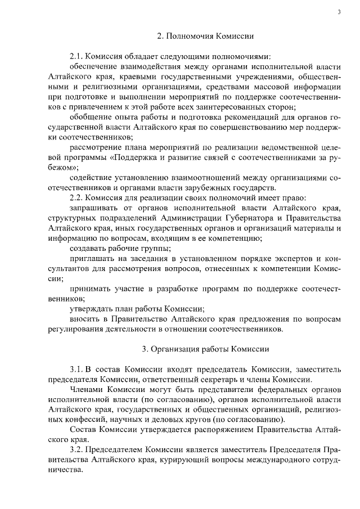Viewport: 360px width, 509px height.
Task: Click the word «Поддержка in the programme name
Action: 130,157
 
